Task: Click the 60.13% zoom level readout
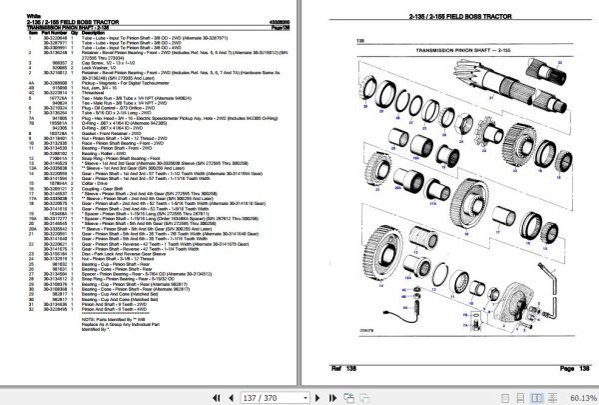pos(577,396)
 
